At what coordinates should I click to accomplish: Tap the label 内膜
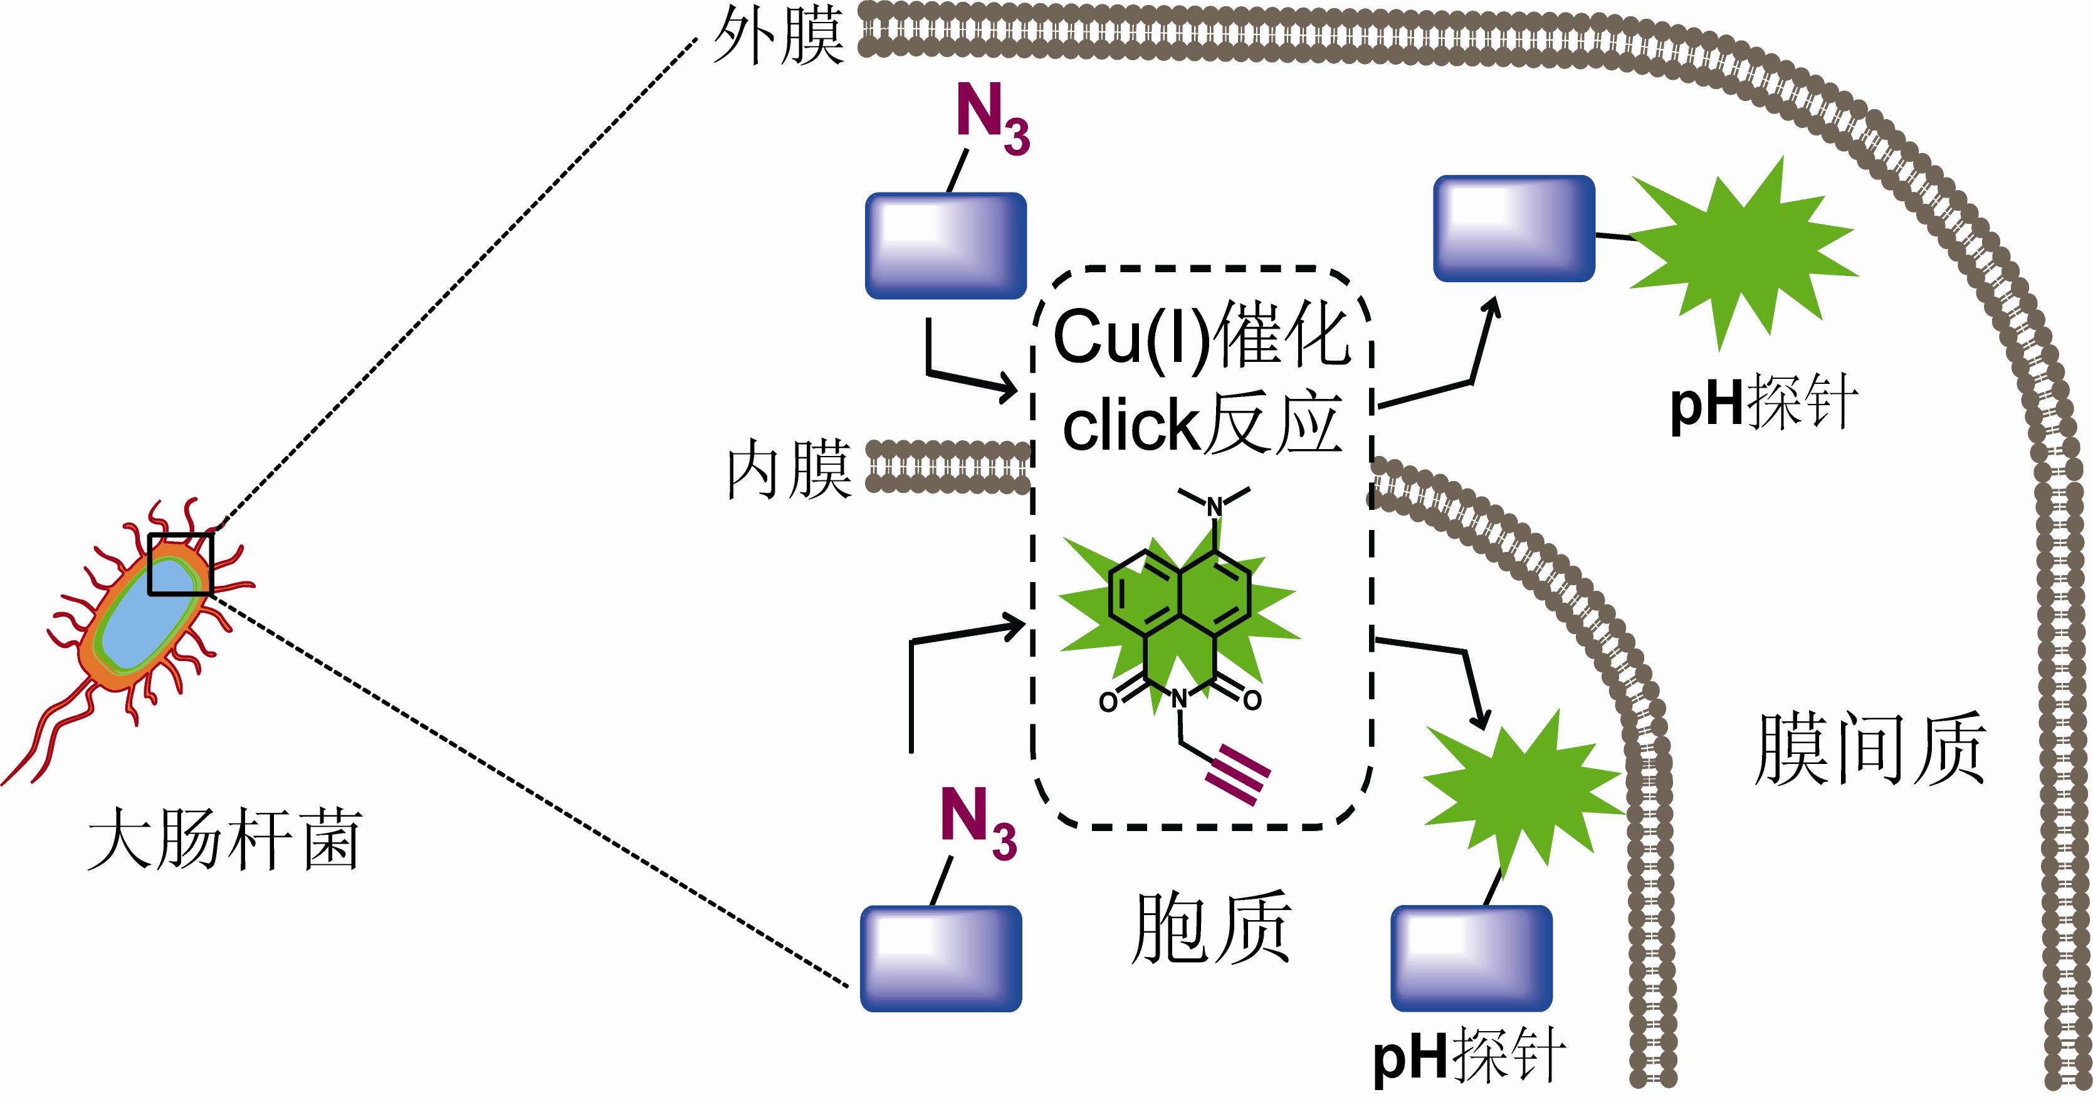pos(788,470)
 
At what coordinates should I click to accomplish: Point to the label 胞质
pos(1210,927)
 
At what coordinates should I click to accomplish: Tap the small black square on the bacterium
pos(181,564)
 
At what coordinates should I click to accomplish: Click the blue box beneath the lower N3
pos(941,959)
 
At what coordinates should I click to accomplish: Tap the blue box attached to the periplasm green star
pos(1514,228)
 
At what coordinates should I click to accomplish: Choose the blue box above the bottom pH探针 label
pos(1471,959)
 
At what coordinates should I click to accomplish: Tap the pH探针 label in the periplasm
pos(1764,404)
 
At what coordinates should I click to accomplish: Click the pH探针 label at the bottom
pos(1469,1056)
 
